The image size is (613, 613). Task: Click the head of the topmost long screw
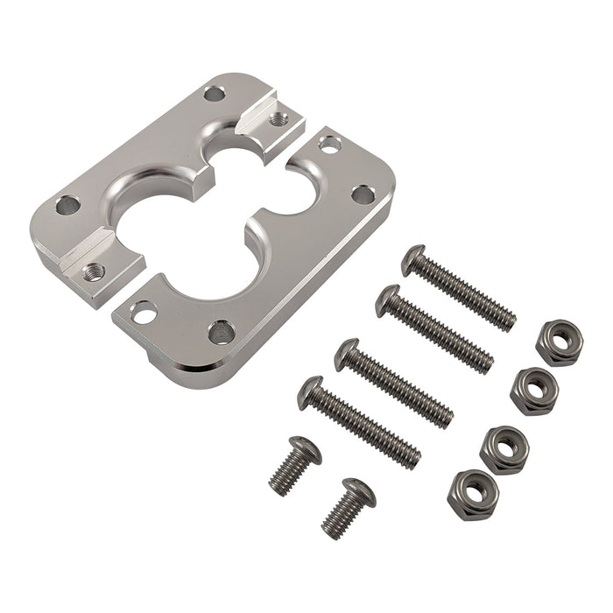(412, 261)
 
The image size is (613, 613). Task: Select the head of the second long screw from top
(387, 300)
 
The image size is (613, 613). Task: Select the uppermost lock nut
(558, 342)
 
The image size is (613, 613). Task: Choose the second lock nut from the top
(533, 391)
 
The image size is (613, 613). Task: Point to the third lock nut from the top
(504, 449)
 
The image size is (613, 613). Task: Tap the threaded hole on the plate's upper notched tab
(278, 119)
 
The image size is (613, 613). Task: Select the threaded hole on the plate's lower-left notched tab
(94, 272)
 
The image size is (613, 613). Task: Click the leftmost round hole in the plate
(67, 207)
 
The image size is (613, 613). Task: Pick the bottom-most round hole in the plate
(220, 331)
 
